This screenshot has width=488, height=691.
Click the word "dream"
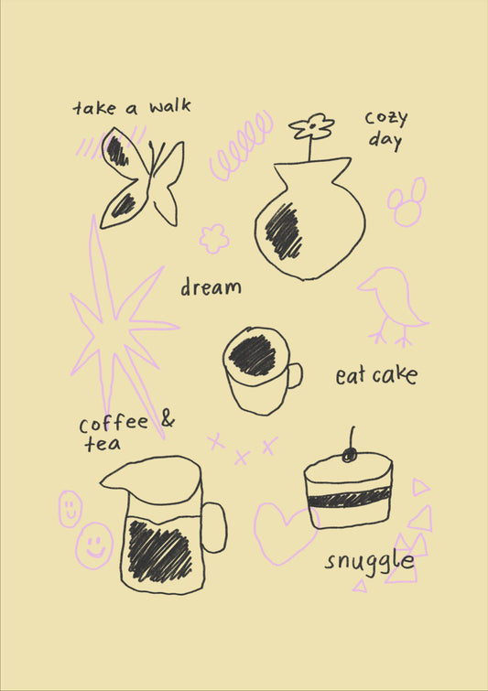[211, 287]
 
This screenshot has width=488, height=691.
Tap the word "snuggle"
[369, 561]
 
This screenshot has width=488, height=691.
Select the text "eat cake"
[375, 375]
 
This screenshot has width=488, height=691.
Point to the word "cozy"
[385, 119]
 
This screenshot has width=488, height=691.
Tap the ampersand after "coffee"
[168, 420]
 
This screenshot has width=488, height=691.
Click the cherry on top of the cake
[349, 454]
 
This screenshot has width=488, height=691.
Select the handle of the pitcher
[214, 528]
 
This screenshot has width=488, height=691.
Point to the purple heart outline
[283, 532]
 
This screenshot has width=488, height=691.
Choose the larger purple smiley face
[93, 545]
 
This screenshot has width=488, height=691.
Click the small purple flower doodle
[214, 239]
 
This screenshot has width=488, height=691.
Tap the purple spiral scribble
[241, 146]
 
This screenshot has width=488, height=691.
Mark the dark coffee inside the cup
[253, 355]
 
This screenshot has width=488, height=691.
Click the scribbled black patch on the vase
[284, 231]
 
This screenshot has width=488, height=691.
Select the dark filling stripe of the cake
[349, 500]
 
